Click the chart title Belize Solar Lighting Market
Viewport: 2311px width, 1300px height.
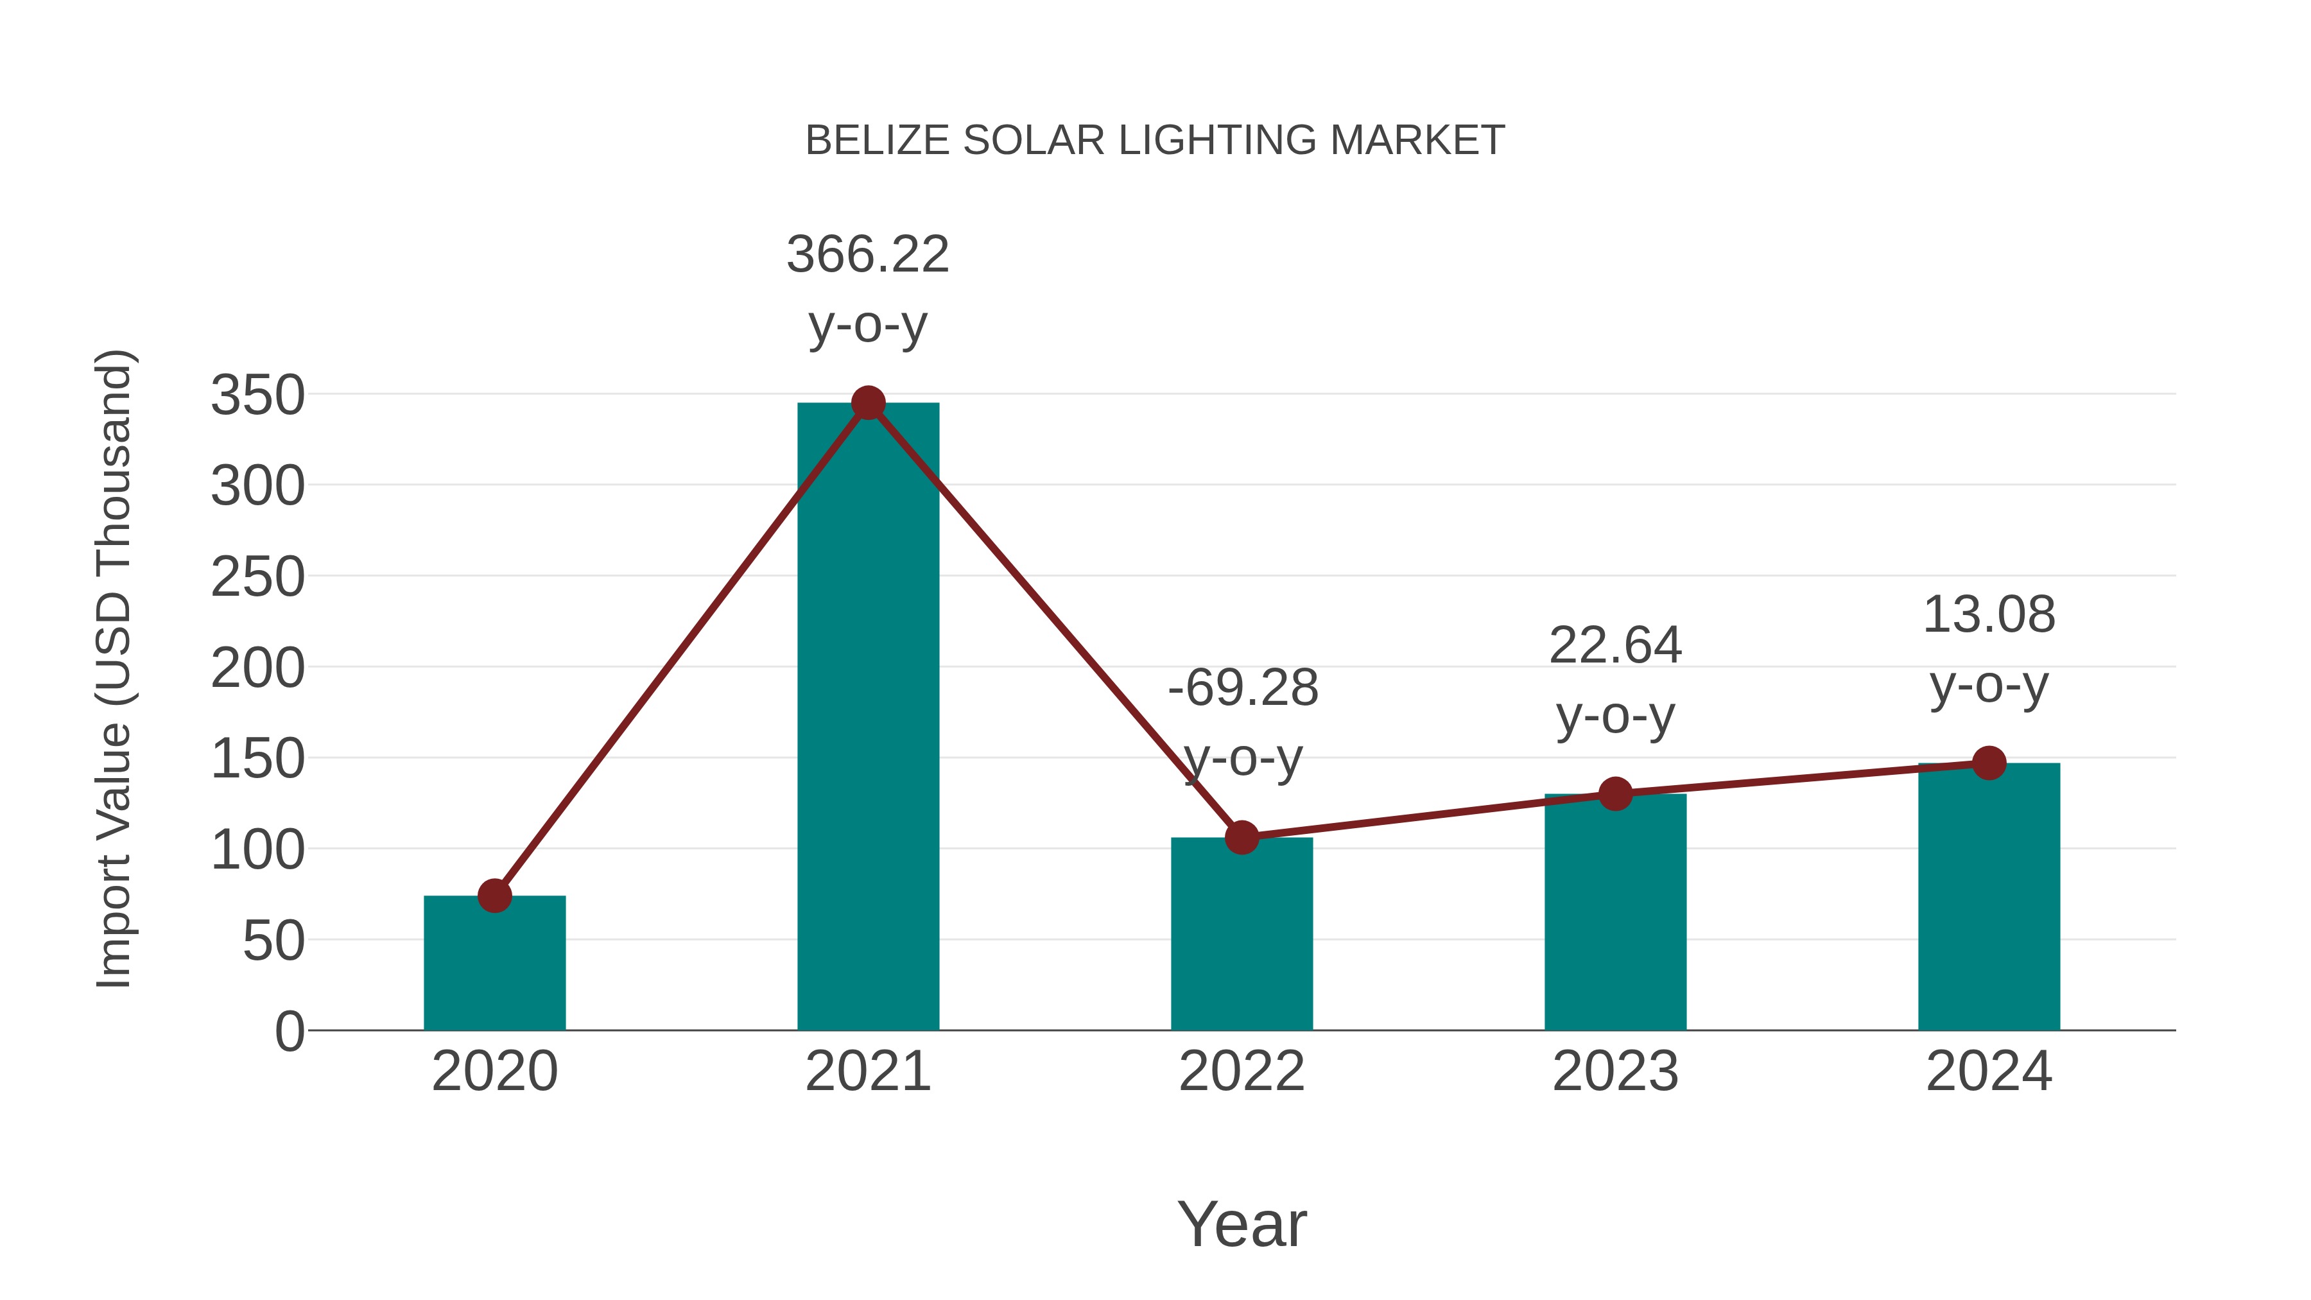(x=1155, y=140)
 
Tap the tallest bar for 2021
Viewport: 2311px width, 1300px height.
(x=867, y=718)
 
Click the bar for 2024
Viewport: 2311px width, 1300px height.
(x=1989, y=897)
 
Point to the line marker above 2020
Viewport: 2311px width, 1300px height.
(x=494, y=896)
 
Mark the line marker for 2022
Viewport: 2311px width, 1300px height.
(x=1242, y=837)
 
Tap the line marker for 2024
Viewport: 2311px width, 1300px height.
(x=1989, y=763)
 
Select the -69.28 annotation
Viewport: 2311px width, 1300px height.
(x=1243, y=688)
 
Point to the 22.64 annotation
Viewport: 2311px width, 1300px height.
(x=1615, y=646)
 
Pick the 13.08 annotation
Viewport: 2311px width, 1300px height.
(x=1989, y=616)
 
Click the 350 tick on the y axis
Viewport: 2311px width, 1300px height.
(x=257, y=395)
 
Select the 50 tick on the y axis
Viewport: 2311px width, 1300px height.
(x=273, y=941)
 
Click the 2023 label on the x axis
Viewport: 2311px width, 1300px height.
(x=1615, y=1071)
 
